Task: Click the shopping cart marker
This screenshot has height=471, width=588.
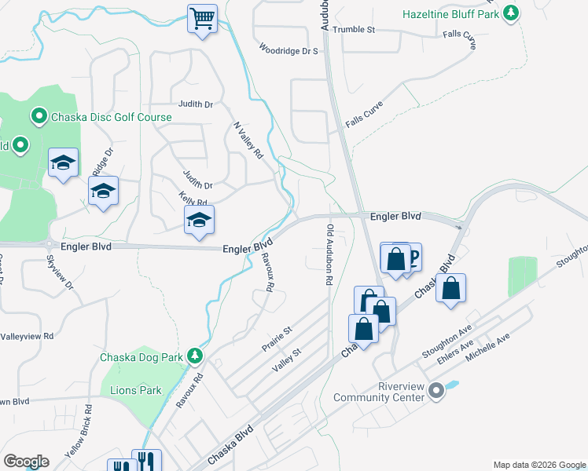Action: point(202,18)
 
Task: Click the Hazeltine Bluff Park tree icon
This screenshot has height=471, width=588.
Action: point(512,13)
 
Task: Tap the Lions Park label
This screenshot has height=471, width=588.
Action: point(136,390)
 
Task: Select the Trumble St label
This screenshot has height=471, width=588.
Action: point(354,29)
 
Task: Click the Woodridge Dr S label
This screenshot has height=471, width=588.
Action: point(289,50)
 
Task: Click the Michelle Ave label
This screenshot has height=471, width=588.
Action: point(487,347)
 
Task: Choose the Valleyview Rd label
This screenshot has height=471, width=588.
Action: point(27,335)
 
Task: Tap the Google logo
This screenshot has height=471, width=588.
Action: point(26,461)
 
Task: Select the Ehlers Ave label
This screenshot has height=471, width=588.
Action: point(456,349)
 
